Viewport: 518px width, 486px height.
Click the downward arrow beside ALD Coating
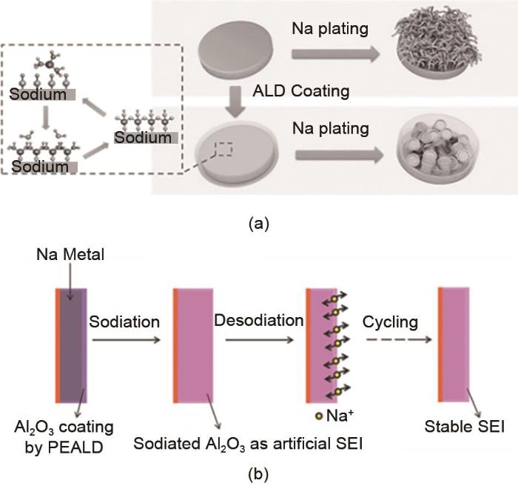231,99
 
